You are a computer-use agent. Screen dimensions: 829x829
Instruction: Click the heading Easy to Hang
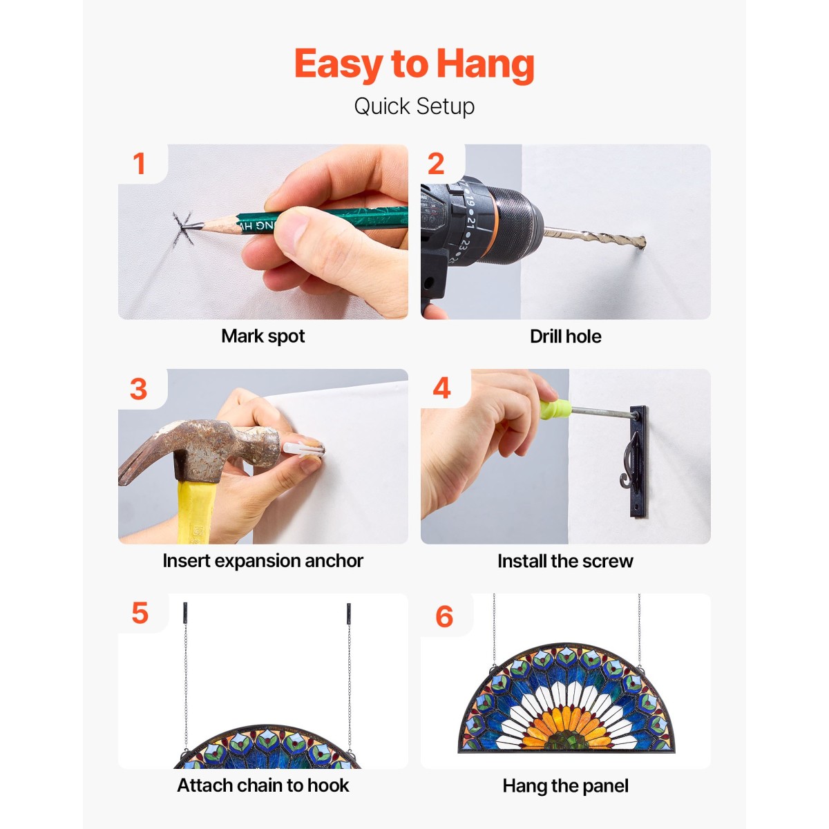click(414, 64)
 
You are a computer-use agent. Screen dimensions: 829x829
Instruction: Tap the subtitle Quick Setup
click(414, 106)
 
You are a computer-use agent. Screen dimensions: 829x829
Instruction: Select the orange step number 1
click(139, 164)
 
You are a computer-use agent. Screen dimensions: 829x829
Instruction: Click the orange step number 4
click(441, 388)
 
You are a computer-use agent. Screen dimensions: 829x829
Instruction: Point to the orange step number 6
click(444, 616)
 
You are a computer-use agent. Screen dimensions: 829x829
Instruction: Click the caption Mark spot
click(263, 336)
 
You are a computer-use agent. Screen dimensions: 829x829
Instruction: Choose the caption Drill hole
click(565, 336)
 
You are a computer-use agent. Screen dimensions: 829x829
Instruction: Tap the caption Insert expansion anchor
click(263, 561)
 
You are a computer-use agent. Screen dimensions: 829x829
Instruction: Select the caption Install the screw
click(565, 561)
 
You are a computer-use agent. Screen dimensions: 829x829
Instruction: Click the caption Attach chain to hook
click(263, 785)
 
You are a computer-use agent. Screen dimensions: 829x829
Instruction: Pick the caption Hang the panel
click(565, 786)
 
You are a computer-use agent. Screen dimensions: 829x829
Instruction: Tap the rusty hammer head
click(202, 452)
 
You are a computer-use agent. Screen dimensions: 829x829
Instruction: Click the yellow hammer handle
click(196, 511)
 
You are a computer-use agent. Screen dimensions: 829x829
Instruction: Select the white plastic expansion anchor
click(303, 449)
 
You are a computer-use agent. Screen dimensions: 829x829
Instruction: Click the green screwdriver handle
click(555, 409)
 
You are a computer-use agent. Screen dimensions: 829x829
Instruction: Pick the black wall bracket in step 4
click(638, 461)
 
